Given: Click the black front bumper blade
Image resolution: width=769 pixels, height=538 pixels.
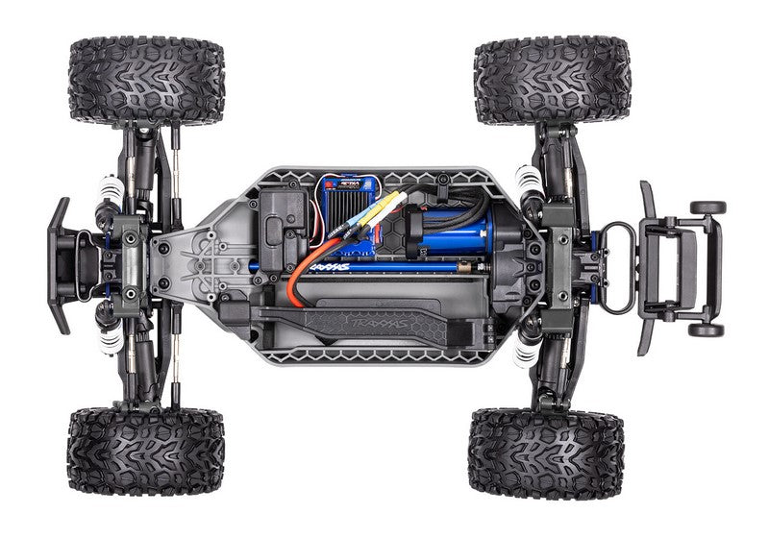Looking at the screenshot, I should pos(59,264).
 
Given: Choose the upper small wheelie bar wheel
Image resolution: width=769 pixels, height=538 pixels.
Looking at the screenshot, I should pos(708,207).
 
